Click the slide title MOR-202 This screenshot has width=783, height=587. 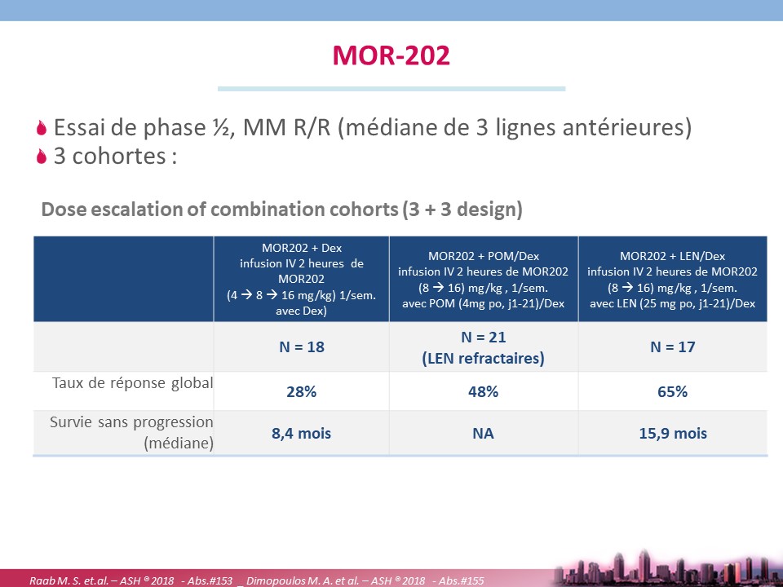coord(391,55)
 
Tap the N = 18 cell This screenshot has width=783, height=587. coord(302,347)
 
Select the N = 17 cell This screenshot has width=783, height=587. coord(673,347)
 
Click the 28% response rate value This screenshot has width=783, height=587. coord(302,392)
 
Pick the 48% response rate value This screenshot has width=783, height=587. coord(484,392)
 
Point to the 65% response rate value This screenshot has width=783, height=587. coord(673,392)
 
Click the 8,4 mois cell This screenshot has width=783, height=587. coord(302,433)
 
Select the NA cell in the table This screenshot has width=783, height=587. coord(484,433)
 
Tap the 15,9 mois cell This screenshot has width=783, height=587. coord(673,433)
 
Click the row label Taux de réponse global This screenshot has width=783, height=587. coord(132,383)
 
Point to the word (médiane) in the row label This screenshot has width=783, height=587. coord(179,444)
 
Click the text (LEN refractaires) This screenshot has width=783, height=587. coord(484,359)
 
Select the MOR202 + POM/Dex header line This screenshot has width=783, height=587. coord(484,257)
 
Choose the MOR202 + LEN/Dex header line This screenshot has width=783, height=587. coord(673,257)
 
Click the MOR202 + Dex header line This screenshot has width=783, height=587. coord(302,248)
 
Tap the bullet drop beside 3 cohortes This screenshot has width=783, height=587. coord(42,157)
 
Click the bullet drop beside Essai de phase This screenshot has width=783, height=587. coord(42,128)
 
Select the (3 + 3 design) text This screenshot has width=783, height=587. coord(462,210)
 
